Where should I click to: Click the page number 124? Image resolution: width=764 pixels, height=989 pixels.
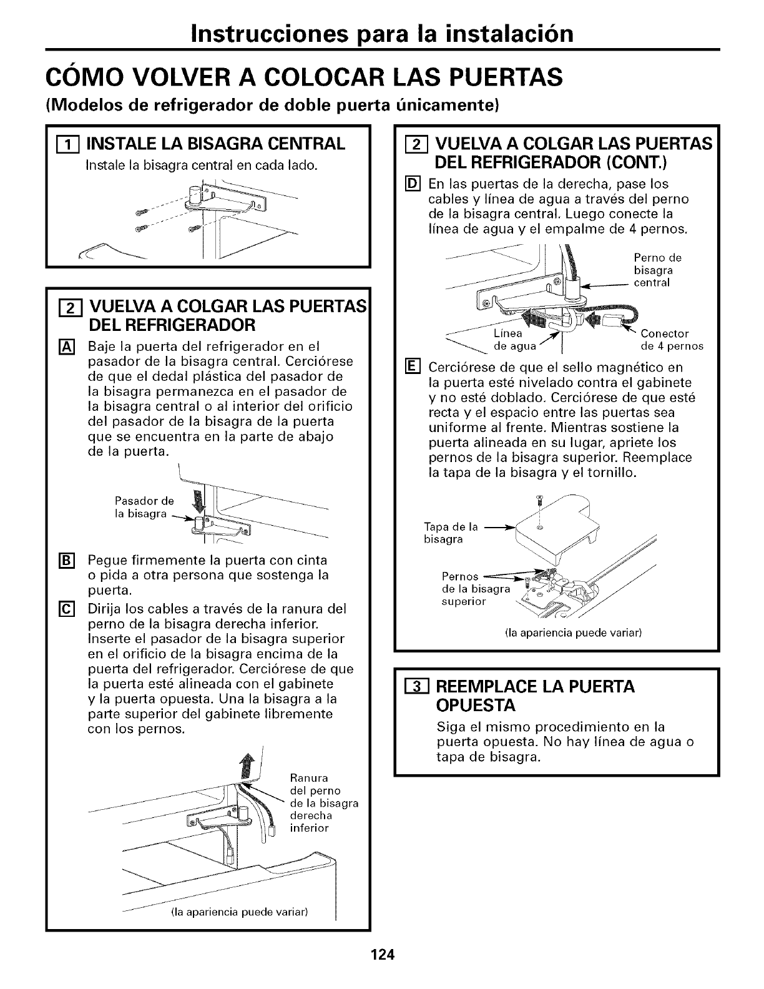pos(382,954)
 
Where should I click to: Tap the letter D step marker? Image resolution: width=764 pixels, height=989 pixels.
pos(412,184)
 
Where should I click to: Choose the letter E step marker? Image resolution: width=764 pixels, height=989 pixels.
pos(412,367)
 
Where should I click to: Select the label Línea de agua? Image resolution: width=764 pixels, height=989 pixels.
pos(514,340)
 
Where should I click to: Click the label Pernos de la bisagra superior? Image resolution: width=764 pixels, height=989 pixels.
pos(474,589)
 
